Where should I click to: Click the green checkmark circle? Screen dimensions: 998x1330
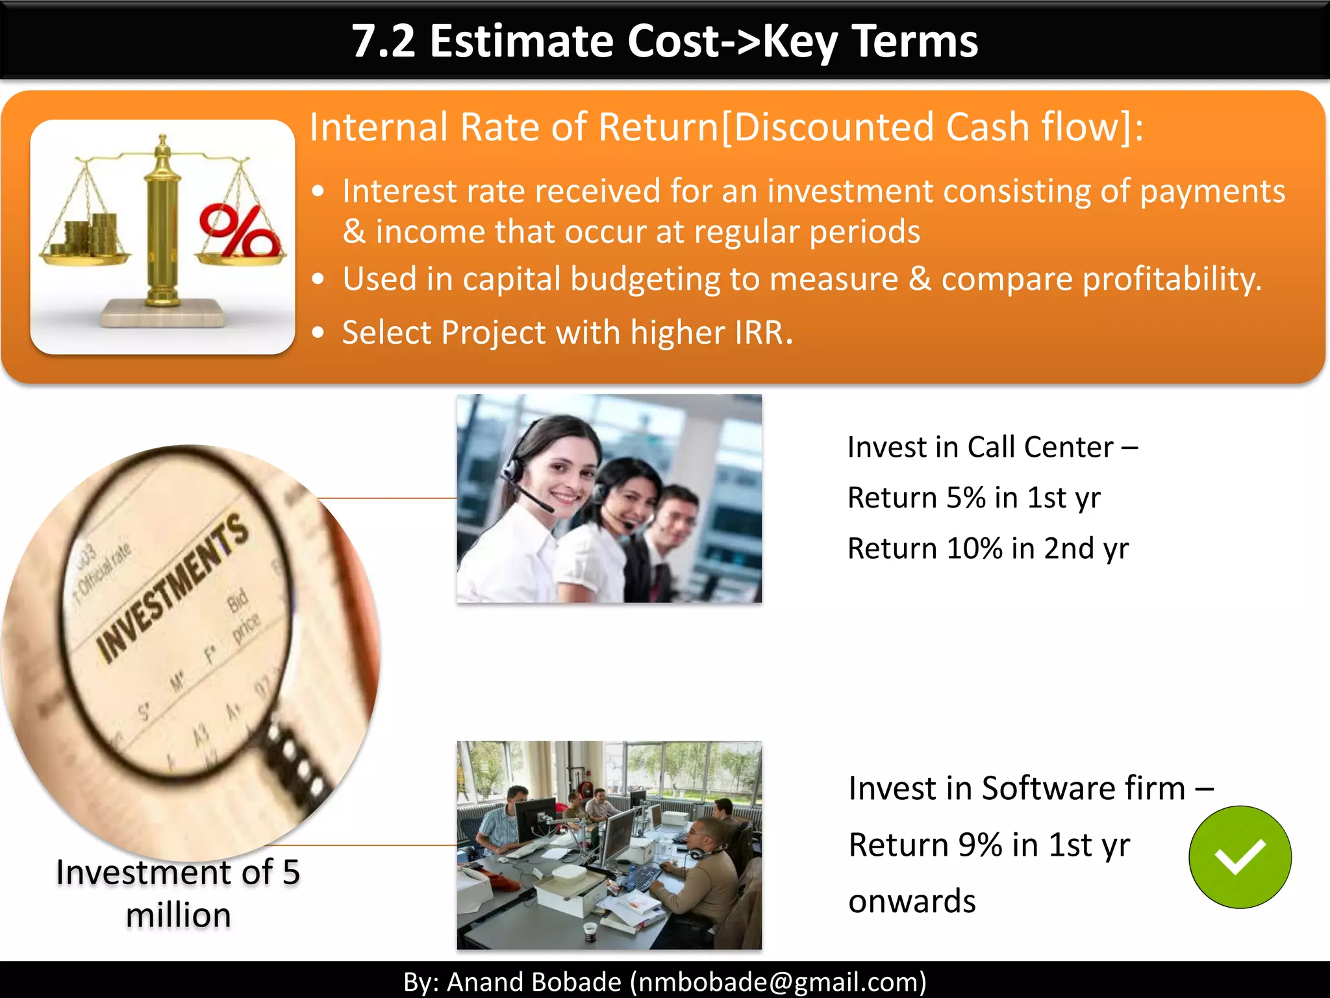pos(1240,856)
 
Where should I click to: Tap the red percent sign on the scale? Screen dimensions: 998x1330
pos(238,231)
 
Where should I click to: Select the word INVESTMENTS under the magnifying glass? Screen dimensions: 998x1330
pos(172,588)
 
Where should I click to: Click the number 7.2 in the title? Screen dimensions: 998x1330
pos(383,41)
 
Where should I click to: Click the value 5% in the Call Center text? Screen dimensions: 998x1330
pos(966,498)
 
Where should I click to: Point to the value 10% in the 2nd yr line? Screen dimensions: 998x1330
pos(974,549)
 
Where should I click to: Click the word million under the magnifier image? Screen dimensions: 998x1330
pos(179,915)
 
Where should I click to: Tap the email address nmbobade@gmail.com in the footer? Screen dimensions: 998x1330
pos(778,982)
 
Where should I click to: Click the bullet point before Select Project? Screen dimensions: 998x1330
pos(318,333)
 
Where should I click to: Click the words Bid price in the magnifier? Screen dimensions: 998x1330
pos(243,614)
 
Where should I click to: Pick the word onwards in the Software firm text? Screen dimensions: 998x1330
pos(912,902)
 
